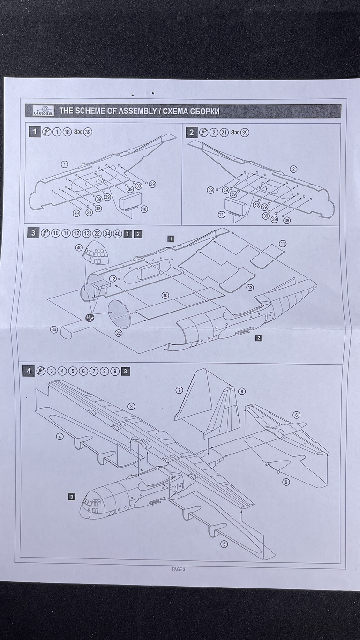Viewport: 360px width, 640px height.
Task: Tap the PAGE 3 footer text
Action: (179, 569)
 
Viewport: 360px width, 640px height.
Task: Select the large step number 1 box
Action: (34, 132)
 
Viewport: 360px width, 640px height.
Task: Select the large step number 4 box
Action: (29, 371)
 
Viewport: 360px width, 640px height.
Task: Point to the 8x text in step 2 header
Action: (233, 132)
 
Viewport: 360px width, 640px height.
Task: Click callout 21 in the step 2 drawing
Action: (221, 215)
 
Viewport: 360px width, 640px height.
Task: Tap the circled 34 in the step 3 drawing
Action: (54, 330)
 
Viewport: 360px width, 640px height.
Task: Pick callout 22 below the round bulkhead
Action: (119, 333)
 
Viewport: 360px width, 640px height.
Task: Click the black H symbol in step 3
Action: (90, 318)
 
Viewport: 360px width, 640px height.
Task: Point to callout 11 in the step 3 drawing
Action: (283, 244)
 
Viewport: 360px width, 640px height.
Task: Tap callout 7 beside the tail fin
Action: (180, 390)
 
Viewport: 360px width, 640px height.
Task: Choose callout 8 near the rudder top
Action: (241, 391)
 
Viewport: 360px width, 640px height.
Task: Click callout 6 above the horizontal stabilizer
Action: (296, 415)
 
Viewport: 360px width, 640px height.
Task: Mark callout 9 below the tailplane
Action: (286, 481)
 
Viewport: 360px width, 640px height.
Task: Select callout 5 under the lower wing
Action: (224, 543)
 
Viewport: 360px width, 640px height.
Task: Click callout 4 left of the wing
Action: (60, 437)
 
